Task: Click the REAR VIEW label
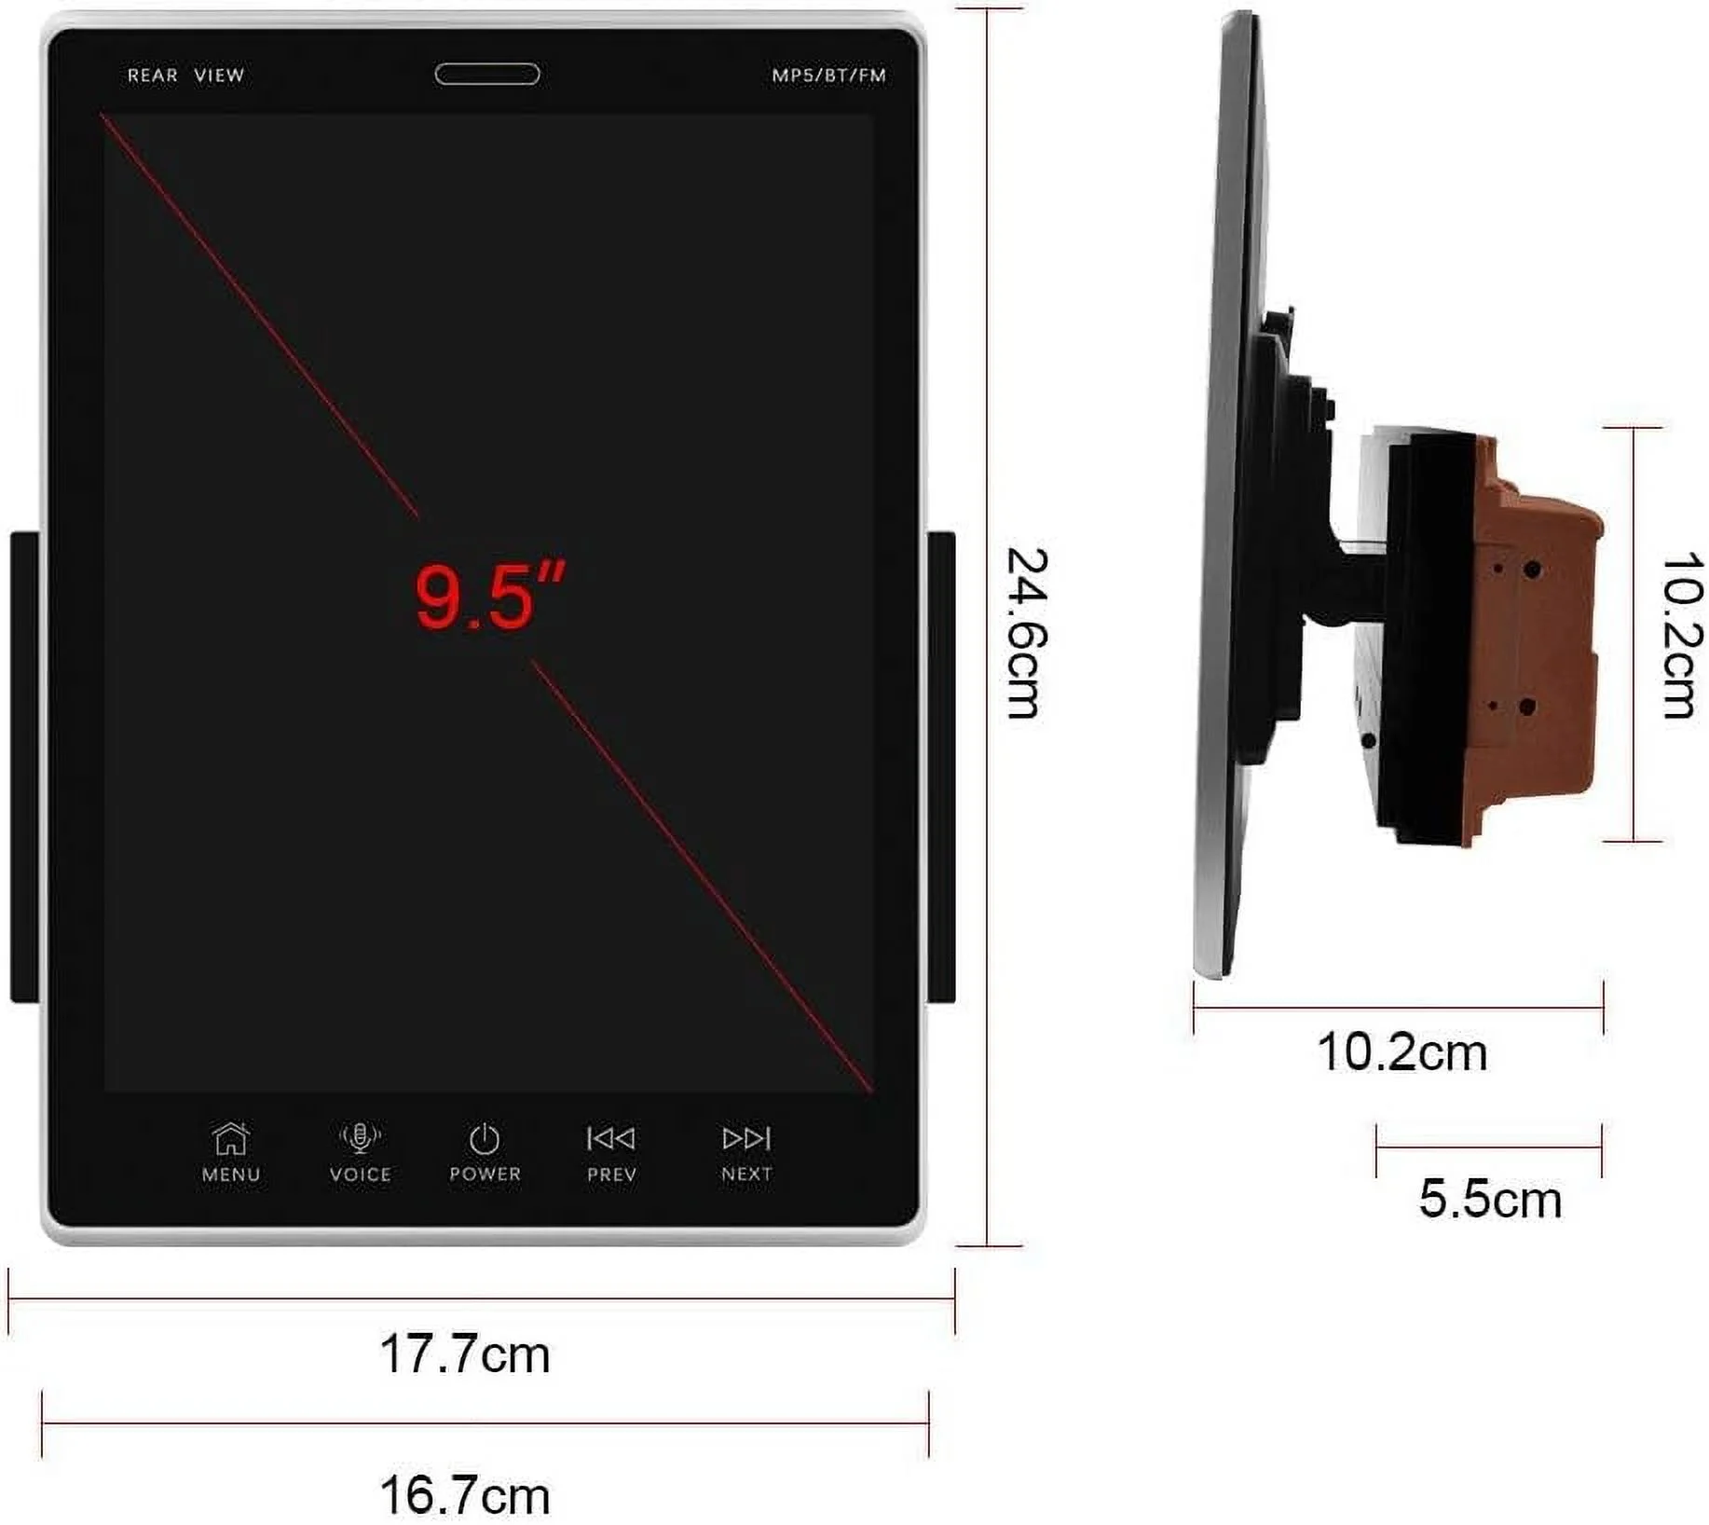click(x=185, y=76)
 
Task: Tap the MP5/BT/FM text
click(x=828, y=76)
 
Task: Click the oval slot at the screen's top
click(x=487, y=74)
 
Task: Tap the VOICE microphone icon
click(x=360, y=1137)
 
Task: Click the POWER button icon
click(x=485, y=1138)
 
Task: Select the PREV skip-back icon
click(x=611, y=1138)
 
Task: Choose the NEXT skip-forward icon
click(x=746, y=1138)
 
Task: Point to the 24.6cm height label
click(x=1028, y=633)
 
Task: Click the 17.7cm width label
click(x=465, y=1354)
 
